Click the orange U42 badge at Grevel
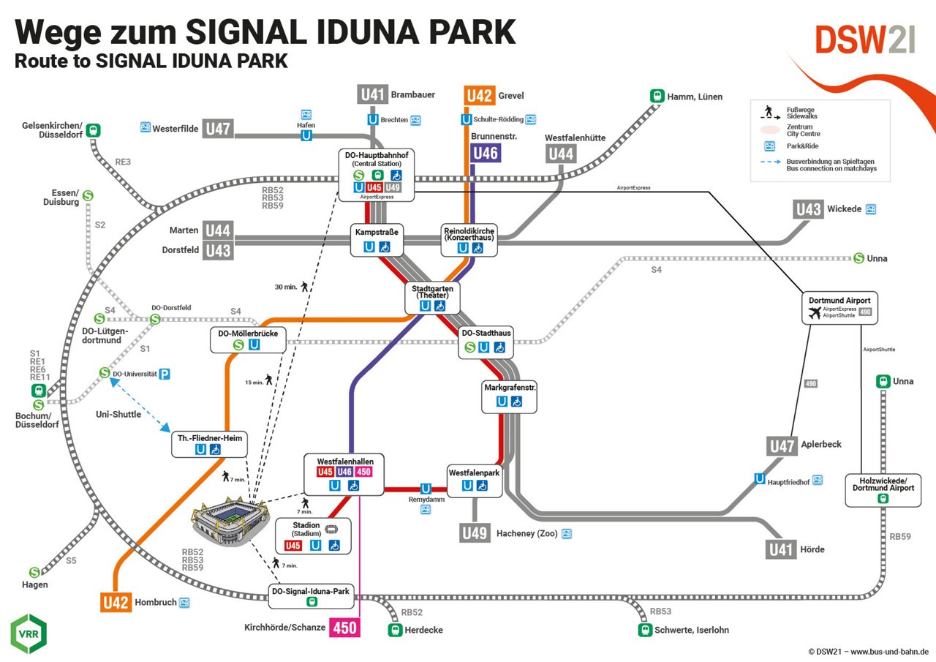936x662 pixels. [x=480, y=95]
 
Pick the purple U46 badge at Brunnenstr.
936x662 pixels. [x=485, y=153]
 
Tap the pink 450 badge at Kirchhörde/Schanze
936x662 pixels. [x=345, y=627]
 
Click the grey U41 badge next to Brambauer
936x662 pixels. [x=372, y=94]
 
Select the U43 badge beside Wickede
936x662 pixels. [x=808, y=209]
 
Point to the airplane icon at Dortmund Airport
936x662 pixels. [x=815, y=313]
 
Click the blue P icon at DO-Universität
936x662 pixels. [x=165, y=374]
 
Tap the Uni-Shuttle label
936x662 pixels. [x=118, y=414]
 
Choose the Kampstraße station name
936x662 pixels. [x=377, y=232]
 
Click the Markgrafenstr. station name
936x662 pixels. [x=510, y=386]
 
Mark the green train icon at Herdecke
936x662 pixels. [x=396, y=630]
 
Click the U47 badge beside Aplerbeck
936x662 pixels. [x=782, y=445]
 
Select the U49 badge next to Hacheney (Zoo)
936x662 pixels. [x=475, y=533]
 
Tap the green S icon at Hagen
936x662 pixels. [x=34, y=572]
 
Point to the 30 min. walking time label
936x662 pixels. [x=286, y=287]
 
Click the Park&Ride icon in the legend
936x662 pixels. [x=770, y=146]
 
